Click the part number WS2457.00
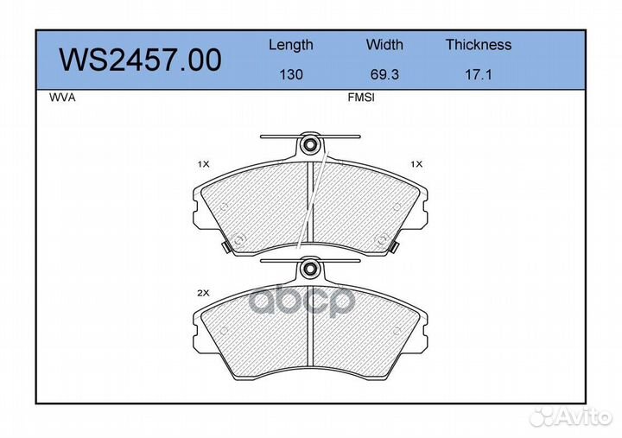coord(140,60)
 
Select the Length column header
coord(291,45)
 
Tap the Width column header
coord(384,44)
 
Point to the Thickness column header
coord(479,44)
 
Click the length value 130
coord(291,74)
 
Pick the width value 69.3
coord(384,74)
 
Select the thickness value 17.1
coord(479,74)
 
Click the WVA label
coord(62,98)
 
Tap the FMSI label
coord(361,98)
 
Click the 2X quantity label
coord(203,293)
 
